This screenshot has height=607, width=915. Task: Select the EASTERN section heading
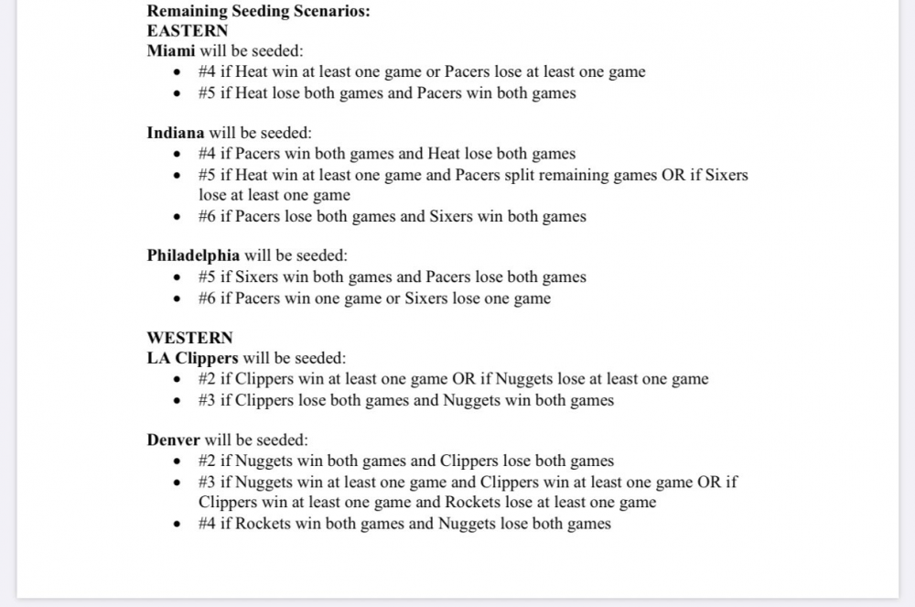pos(188,30)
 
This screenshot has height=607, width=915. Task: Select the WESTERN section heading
pos(189,338)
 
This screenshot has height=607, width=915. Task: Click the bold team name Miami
pos(171,51)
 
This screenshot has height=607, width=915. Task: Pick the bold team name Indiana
pos(176,133)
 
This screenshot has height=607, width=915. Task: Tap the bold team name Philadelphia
pos(193,255)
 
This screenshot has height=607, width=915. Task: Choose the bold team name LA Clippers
pos(192,358)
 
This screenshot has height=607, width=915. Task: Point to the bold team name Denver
pos(173,440)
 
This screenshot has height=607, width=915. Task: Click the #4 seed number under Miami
pos(207,72)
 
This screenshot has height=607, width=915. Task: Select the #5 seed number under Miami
pos(207,93)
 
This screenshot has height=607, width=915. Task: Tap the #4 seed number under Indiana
pos(207,154)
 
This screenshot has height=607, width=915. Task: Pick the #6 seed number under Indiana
pos(207,217)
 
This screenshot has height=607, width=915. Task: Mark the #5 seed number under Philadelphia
pos(207,276)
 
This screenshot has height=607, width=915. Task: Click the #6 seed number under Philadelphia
pos(207,298)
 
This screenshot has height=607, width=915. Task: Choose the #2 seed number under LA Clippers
pos(207,379)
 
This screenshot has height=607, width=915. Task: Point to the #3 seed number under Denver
pos(207,482)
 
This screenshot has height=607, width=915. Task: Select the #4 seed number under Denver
pos(207,524)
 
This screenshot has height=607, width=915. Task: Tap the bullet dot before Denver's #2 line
pos(178,461)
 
